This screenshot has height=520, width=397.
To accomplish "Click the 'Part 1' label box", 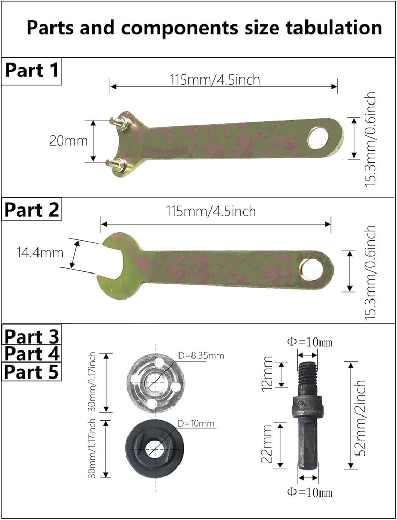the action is tap(32, 71).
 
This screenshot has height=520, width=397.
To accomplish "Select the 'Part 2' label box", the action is tap(32, 210).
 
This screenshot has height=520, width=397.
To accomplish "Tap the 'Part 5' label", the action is tap(32, 371).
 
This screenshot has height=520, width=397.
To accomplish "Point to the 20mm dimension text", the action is tap(69, 141).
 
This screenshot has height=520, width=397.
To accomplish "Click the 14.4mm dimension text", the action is tap(40, 253).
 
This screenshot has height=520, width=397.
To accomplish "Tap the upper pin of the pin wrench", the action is tap(120, 122).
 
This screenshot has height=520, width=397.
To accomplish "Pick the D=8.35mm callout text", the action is tap(201, 356).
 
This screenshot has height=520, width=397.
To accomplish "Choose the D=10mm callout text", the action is tap(196, 423).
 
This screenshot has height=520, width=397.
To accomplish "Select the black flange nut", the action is tap(155, 449).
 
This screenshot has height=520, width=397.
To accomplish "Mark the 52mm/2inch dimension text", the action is tap(361, 418).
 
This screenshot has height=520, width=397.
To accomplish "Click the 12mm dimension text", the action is tap(267, 374).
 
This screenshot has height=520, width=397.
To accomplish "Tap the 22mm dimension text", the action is tap(267, 445).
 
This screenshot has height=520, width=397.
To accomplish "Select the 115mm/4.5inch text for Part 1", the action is tap(214, 80).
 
